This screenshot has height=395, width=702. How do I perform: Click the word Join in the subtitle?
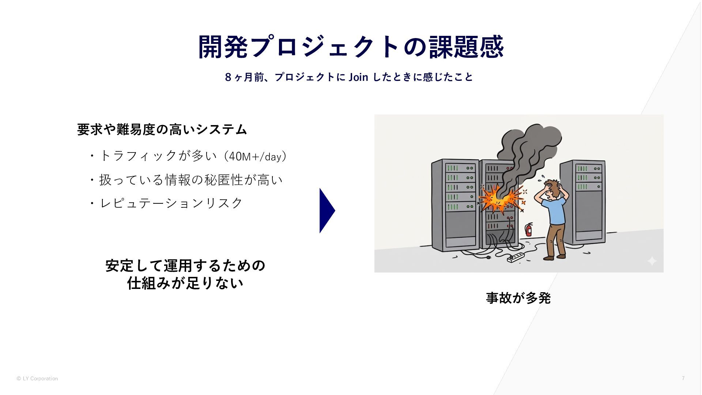click(358, 77)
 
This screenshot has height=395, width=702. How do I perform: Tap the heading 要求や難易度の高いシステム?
click(162, 129)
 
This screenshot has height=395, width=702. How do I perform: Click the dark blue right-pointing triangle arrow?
click(327, 211)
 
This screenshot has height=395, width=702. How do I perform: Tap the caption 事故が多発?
click(518, 298)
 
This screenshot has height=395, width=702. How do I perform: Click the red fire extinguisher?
click(528, 230)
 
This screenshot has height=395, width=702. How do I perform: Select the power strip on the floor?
click(516, 257)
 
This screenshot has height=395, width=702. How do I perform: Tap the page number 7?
click(683, 378)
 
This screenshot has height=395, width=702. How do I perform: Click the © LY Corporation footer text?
click(37, 379)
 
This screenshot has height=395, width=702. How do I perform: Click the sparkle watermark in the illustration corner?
click(652, 261)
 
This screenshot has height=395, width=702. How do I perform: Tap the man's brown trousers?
click(555, 240)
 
